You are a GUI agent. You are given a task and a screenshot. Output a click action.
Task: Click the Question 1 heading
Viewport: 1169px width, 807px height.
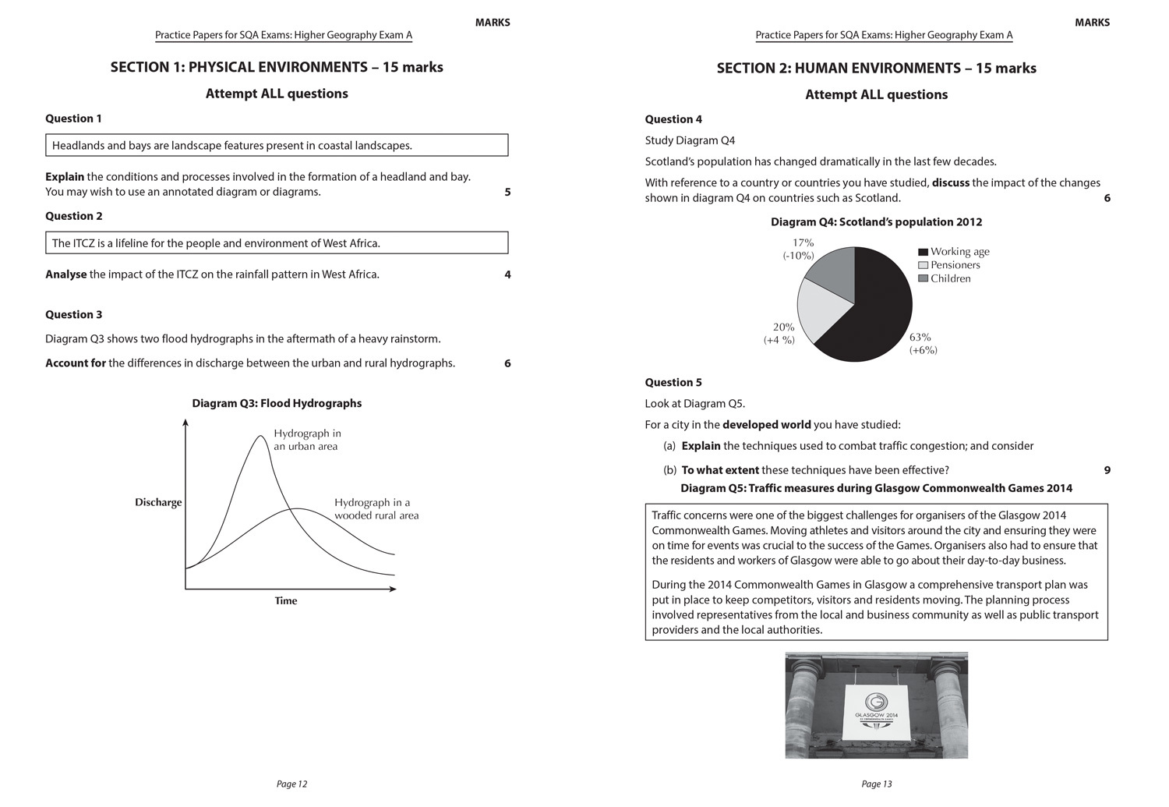click(x=73, y=119)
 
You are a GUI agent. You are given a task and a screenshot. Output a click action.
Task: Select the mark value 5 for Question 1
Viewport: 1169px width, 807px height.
click(x=507, y=192)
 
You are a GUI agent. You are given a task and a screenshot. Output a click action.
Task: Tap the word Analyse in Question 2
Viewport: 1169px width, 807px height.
click(x=66, y=274)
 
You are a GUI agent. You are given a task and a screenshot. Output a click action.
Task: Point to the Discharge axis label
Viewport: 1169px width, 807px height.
click(x=158, y=502)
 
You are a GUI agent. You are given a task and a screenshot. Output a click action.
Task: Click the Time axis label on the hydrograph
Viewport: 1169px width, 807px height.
click(x=286, y=601)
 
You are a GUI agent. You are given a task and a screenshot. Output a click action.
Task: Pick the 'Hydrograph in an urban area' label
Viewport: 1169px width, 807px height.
click(x=307, y=440)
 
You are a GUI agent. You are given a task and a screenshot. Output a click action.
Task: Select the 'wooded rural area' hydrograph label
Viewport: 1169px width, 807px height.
click(x=376, y=509)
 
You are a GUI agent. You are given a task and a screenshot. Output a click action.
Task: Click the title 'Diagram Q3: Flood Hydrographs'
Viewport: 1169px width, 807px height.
click(x=277, y=403)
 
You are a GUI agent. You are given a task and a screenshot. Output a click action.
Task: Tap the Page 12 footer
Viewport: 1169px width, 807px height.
click(x=291, y=784)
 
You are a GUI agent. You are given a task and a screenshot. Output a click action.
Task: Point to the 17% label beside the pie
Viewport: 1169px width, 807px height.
click(x=802, y=243)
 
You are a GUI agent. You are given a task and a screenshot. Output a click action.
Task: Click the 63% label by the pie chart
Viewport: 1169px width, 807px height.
click(x=920, y=338)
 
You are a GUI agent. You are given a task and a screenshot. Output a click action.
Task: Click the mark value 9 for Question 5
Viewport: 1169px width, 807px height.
click(x=1107, y=470)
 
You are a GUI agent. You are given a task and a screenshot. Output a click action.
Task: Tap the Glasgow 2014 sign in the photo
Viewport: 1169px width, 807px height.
click(x=877, y=710)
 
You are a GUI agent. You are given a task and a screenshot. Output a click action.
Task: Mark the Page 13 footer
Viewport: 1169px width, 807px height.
click(x=877, y=784)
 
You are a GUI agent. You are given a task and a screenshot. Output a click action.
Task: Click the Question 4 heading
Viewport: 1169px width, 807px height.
click(x=673, y=119)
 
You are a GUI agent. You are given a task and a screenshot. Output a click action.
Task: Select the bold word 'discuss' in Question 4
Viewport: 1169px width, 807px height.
click(x=951, y=182)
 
